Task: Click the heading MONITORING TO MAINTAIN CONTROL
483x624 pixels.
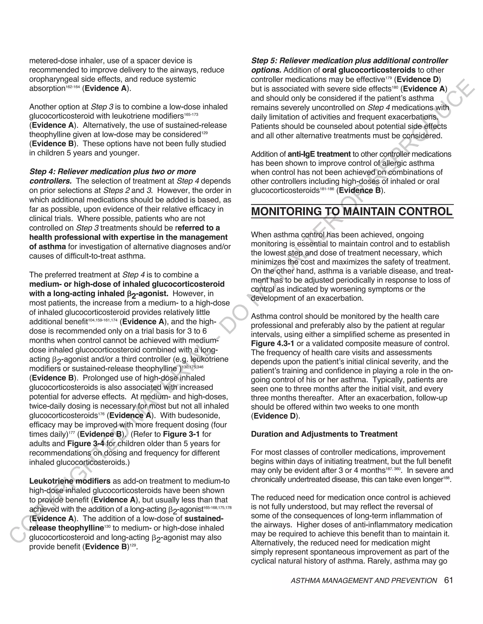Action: click(x=352, y=212)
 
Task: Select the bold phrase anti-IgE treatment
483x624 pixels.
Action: click(x=319, y=154)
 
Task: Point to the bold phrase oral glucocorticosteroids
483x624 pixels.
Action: click(x=369, y=70)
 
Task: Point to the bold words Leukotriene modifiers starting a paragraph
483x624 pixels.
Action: click(x=70, y=481)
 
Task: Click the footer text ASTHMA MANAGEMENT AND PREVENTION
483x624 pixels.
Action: click(x=364, y=581)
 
